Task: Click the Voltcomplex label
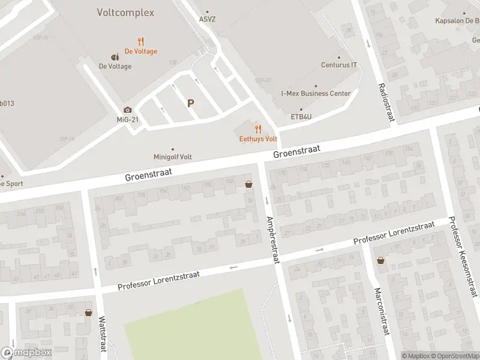coord(125,13)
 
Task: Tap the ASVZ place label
coord(208,19)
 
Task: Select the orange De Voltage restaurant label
coord(141,51)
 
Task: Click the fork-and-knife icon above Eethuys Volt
coord(258,128)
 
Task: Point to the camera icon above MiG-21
coord(127,110)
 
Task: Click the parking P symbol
coord(191,103)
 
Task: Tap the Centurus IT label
coord(339,65)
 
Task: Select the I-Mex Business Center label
coord(316,94)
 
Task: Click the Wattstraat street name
coord(102,334)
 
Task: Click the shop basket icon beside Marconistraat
coord(380,260)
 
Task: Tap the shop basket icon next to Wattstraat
coord(89,312)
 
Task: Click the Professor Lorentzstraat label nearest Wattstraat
coord(158,280)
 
